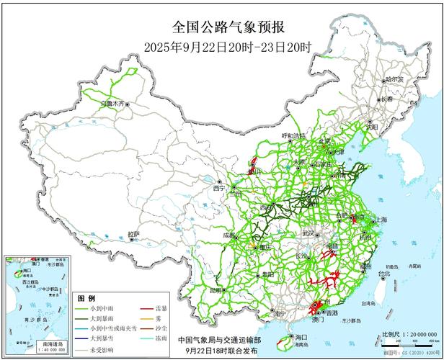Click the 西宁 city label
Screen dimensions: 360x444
(x=219, y=189)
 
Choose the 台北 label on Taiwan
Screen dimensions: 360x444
(x=383, y=274)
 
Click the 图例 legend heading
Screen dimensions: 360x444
(x=86, y=297)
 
